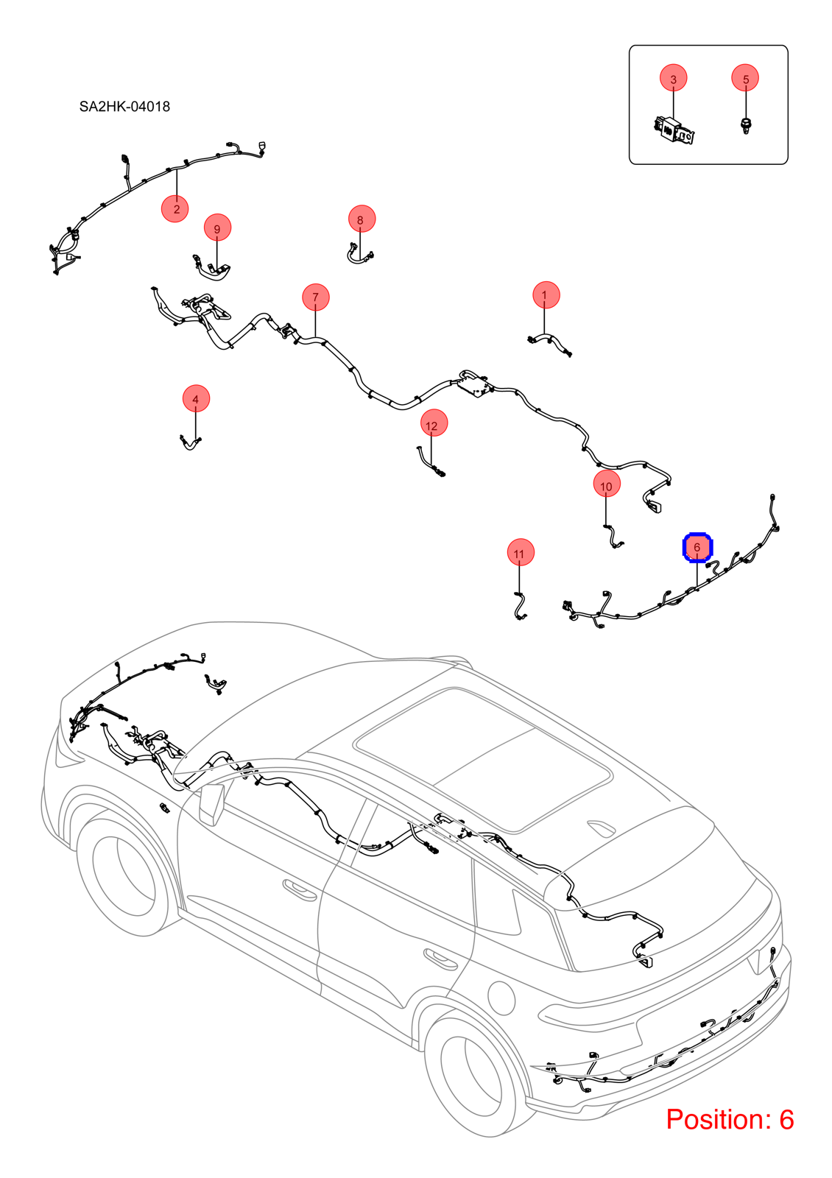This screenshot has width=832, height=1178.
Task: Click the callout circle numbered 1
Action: point(546,295)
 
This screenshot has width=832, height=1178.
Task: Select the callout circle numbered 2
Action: point(175,209)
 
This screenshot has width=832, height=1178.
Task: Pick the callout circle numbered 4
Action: point(196,398)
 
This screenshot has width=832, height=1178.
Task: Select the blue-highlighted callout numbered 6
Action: point(697,548)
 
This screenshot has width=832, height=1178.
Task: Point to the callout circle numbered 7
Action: point(316,297)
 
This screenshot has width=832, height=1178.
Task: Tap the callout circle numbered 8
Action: point(362,219)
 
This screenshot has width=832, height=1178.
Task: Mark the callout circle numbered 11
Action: point(520,552)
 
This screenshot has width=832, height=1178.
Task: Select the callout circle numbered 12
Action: point(434,423)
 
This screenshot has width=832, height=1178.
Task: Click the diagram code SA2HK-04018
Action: point(124,107)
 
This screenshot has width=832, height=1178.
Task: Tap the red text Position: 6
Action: point(730,1119)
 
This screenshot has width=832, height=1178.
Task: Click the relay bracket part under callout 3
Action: point(676,130)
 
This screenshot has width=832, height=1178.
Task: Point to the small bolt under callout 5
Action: point(745,126)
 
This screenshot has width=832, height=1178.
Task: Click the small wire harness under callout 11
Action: point(520,607)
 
